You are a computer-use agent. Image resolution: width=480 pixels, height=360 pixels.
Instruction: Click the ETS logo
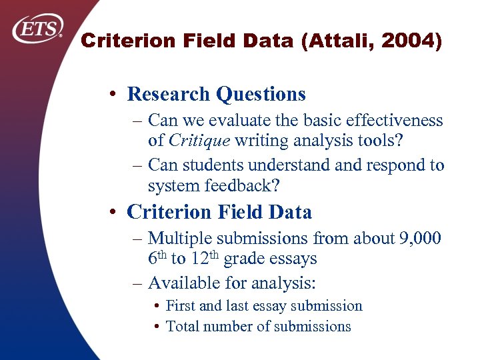39,29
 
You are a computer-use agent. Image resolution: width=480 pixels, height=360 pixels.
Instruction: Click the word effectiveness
393,121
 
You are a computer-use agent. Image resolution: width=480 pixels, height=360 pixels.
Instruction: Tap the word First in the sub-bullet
179,306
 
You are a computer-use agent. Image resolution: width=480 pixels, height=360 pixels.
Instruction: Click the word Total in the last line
181,327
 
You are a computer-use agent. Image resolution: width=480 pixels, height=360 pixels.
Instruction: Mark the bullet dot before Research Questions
116,95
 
